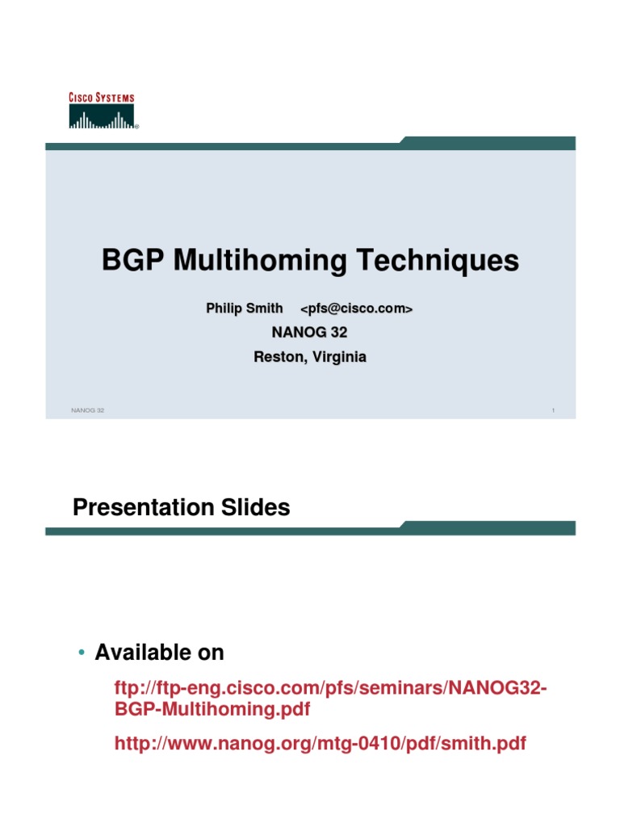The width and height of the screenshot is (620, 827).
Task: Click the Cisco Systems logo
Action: (x=102, y=111)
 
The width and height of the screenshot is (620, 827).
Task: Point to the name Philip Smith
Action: (x=245, y=308)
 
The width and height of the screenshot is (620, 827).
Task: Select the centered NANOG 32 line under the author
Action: (x=310, y=332)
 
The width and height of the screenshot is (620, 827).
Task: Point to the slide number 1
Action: (x=553, y=411)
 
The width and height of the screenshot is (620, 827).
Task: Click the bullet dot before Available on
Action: (x=82, y=653)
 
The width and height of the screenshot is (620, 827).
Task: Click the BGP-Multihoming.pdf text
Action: (x=212, y=710)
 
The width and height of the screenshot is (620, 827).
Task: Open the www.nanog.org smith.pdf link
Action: (x=320, y=743)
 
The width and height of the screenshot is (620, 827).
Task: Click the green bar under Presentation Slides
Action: (x=310, y=528)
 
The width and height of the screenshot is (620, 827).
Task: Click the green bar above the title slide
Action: (x=310, y=144)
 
